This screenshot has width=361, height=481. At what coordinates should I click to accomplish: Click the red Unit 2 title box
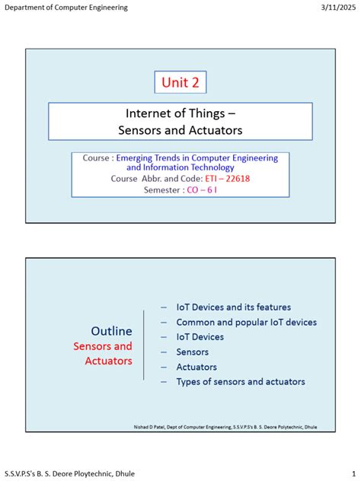180,82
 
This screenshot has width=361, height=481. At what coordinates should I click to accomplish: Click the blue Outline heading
111,331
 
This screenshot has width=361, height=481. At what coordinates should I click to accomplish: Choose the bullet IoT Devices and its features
233,307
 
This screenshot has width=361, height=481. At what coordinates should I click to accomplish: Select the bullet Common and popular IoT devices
246,322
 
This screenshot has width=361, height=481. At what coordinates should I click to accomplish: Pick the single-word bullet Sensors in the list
192,352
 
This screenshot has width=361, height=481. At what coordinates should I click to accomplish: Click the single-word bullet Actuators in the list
196,367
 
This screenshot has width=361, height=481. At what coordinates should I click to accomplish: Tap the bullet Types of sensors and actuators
240,381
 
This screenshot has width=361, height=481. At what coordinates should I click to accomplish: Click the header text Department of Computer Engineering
66,8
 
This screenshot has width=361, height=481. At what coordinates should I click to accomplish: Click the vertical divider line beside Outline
144,344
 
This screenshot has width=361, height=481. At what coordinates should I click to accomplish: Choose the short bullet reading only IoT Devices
200,336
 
